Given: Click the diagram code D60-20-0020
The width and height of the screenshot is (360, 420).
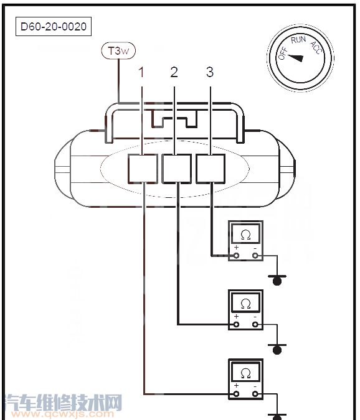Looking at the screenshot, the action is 54,27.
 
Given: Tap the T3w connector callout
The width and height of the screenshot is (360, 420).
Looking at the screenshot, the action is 118,50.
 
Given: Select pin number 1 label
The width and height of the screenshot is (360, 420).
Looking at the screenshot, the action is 141,72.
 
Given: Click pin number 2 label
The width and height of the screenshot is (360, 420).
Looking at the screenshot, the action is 174,72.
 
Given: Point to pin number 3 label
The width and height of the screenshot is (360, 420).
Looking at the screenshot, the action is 210,72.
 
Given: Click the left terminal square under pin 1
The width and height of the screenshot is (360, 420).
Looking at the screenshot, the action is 143,169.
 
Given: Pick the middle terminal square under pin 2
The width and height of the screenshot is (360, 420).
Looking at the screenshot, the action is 177,169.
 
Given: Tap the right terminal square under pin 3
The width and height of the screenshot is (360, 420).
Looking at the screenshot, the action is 211,169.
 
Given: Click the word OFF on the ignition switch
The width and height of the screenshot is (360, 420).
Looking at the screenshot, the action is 283,54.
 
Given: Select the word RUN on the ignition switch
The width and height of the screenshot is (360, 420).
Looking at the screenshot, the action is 298,40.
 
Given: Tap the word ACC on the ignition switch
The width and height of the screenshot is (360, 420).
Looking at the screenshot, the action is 316,48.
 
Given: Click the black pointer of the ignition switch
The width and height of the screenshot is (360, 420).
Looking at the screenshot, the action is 295,58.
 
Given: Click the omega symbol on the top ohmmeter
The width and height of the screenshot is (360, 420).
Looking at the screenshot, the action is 245,235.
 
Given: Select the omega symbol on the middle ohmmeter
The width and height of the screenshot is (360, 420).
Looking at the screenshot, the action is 245,304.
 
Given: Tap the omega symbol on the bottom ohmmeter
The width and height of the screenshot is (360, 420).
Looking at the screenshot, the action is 245,373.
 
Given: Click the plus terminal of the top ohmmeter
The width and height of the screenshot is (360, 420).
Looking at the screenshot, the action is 236,256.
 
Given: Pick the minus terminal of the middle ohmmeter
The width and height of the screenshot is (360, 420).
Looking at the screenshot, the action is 255,325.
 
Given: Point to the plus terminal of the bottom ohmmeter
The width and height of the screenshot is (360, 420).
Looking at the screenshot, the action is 236,394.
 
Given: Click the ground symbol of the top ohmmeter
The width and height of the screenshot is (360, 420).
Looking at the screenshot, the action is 277,280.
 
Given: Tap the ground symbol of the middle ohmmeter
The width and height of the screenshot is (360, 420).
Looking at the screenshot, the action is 277,349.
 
